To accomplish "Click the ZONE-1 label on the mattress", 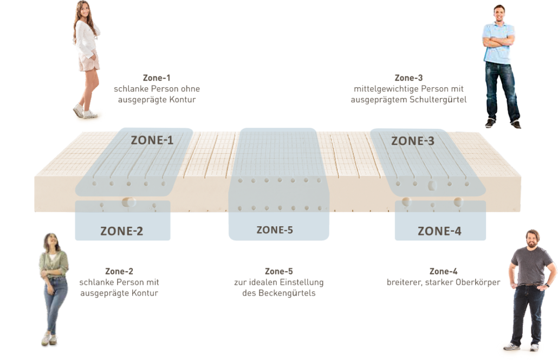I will [x=152, y=141].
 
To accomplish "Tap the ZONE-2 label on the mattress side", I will [x=122, y=231].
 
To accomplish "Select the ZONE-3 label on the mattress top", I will [x=413, y=141].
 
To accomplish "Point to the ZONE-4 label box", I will [x=439, y=231].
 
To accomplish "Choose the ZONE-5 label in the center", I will [x=275, y=230].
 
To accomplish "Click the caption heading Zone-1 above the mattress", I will [x=157, y=78].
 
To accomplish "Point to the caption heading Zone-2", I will [x=119, y=271].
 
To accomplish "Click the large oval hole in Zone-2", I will [x=129, y=202].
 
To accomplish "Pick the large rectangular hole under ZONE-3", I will [x=432, y=186].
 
